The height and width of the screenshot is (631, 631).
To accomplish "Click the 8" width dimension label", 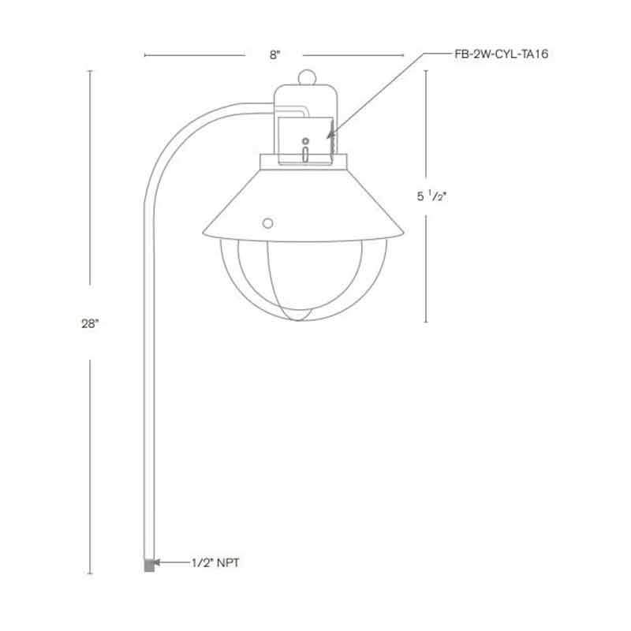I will tap(274, 55).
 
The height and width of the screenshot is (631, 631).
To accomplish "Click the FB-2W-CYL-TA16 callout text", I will tap(502, 54).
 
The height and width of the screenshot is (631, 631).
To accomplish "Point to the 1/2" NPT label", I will tap(215, 563).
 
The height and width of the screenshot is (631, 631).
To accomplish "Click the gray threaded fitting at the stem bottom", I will tap(148, 565).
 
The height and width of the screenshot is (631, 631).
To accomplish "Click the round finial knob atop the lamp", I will tap(307, 78).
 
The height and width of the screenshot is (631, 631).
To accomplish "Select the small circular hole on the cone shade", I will tap(268, 223).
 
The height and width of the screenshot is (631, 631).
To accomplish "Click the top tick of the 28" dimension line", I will tap(89, 70).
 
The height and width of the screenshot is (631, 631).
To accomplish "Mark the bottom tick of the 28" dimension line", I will tap(89, 573).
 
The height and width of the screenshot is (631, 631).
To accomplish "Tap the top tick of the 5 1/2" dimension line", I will tap(427, 71).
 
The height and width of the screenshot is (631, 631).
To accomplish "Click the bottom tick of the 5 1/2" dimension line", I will tap(427, 322).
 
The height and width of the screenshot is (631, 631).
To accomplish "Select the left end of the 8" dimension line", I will tap(145, 55).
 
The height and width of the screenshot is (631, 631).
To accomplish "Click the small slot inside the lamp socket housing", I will tap(304, 152).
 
